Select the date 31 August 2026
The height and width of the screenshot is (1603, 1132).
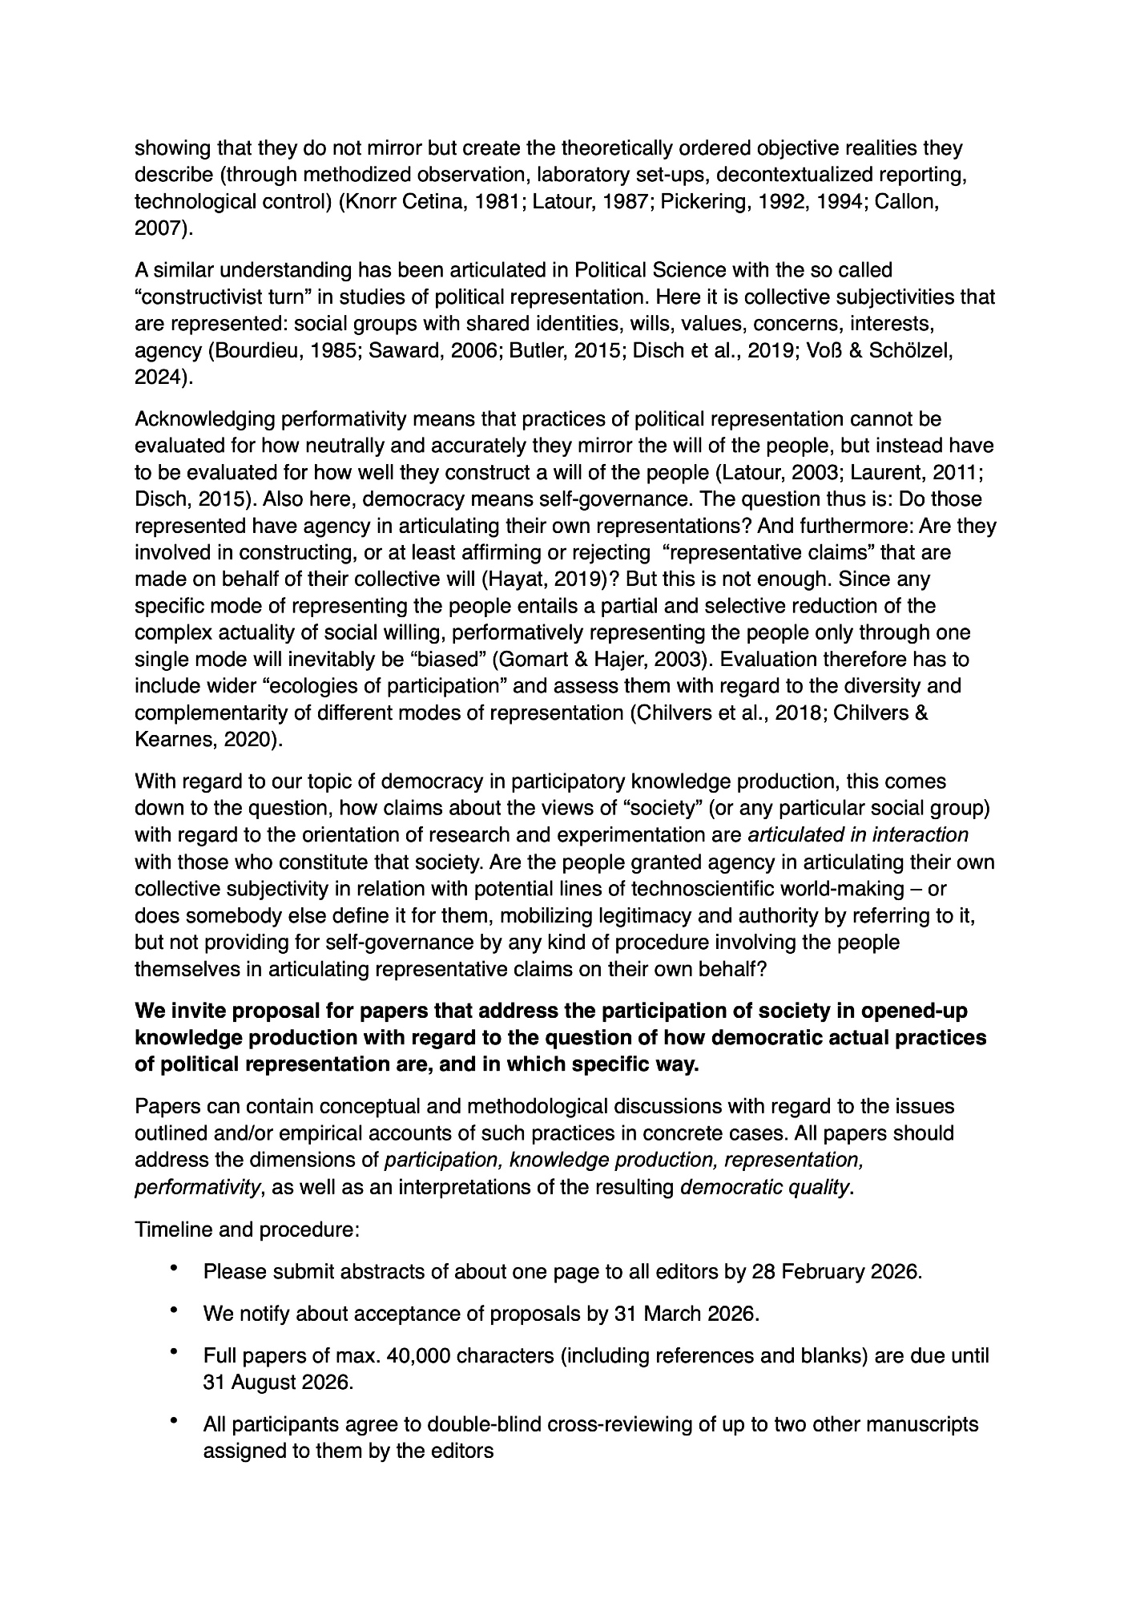[x=277, y=1383]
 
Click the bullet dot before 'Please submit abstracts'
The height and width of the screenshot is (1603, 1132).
[x=174, y=1270]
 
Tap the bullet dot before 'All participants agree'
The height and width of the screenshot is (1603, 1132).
[x=174, y=1422]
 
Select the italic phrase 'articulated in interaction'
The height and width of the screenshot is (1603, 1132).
[x=857, y=835]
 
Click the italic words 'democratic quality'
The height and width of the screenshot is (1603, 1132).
[x=764, y=1187]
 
